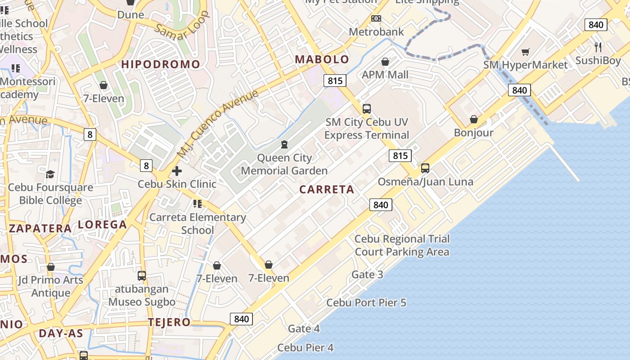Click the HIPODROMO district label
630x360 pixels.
click(x=160, y=64)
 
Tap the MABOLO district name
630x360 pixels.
click(x=322, y=59)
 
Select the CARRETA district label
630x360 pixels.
click(x=327, y=189)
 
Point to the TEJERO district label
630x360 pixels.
click(x=169, y=322)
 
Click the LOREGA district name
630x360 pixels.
click(x=103, y=225)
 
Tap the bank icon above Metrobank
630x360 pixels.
click(x=376, y=18)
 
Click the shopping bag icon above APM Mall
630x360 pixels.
click(x=385, y=62)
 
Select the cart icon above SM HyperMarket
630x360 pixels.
click(x=525, y=52)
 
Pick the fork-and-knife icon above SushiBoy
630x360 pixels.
click(x=598, y=47)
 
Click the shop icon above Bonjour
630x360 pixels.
click(x=473, y=119)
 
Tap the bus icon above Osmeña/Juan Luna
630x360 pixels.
click(x=425, y=168)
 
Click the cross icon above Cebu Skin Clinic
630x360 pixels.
click(x=177, y=171)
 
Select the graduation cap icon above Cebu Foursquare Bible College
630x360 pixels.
click(x=50, y=174)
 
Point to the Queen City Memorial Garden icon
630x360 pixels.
click(x=284, y=144)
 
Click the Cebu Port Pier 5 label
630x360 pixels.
click(x=366, y=302)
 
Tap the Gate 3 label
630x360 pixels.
click(x=367, y=274)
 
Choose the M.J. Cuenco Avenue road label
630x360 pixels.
click(x=218, y=123)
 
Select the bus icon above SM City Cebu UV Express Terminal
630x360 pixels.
click(x=367, y=108)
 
